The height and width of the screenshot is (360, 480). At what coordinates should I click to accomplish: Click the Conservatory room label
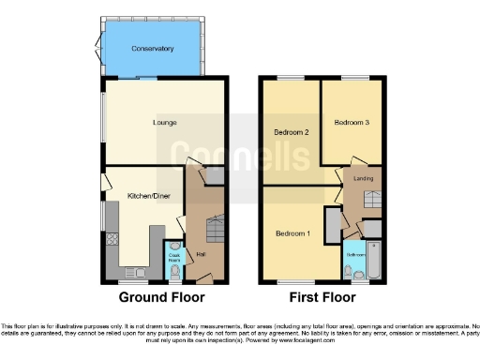(153, 49)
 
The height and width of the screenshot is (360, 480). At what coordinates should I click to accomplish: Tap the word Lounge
(165, 123)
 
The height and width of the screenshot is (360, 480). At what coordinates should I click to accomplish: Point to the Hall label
(200, 254)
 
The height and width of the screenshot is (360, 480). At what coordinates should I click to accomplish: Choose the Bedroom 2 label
(292, 132)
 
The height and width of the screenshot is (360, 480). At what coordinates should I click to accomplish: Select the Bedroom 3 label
(352, 122)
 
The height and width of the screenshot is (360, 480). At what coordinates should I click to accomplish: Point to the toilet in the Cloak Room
(174, 273)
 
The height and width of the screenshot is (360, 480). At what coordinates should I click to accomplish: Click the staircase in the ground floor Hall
(215, 230)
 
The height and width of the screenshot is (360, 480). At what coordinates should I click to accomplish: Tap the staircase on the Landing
(371, 199)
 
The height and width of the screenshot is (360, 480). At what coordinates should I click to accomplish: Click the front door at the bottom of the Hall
(205, 279)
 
